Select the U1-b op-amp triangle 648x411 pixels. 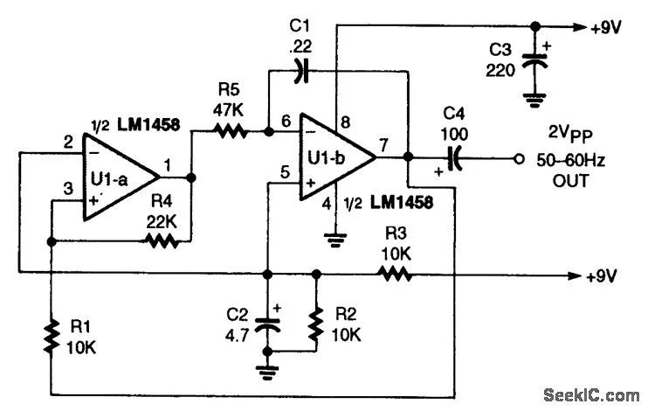(x=335, y=158)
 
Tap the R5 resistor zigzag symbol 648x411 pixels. (x=232, y=132)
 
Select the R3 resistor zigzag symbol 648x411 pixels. (x=394, y=274)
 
